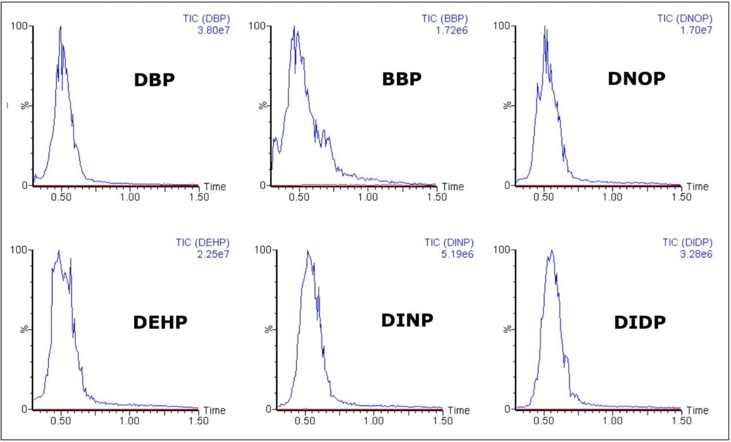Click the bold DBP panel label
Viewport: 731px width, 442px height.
point(154,80)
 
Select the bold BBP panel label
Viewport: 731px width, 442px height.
point(401,79)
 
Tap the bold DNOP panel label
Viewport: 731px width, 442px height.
point(636,79)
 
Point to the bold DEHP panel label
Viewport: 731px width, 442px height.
point(160,323)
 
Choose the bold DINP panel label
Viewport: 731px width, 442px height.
point(407,320)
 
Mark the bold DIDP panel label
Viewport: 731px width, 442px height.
point(640,323)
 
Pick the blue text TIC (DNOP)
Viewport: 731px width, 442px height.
point(684,18)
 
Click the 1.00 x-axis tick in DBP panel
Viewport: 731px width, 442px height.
point(130,197)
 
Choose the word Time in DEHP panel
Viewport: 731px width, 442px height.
point(215,410)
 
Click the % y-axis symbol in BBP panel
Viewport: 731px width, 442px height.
point(263,106)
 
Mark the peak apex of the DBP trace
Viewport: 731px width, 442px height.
point(60,26)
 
